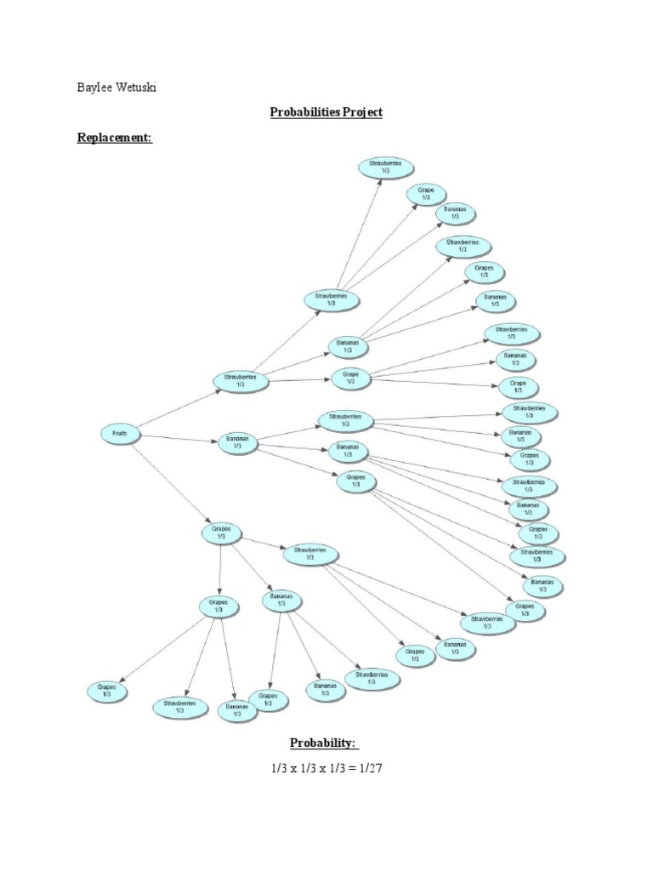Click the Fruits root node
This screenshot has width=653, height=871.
pos(118,434)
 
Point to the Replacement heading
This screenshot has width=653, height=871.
pos(115,138)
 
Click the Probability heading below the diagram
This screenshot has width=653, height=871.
pos(325,743)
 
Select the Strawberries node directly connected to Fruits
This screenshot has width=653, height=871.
pos(241,380)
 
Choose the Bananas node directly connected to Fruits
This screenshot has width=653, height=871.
pos(236,442)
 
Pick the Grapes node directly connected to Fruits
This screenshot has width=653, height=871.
pos(221,533)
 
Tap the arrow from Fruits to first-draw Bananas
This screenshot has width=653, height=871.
pos(174,438)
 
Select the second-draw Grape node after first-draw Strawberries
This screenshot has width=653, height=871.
pos(351,378)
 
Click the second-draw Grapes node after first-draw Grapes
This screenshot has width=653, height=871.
pos(219,606)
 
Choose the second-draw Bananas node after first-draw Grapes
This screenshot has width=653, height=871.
pos(281,601)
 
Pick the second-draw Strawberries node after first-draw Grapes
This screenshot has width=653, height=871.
pos(310,554)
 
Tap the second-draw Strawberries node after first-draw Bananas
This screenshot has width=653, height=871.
pos(345,420)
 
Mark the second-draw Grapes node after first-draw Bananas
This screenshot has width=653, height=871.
pos(356,481)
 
